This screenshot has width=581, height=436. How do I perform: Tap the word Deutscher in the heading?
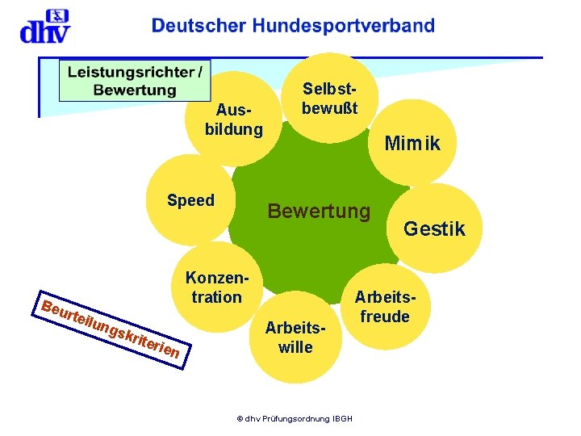[x=199, y=26]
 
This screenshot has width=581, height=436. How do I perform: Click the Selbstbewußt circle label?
[x=329, y=97]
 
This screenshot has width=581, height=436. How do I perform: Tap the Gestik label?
[x=434, y=229]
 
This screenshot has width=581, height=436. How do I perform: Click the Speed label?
[x=190, y=200]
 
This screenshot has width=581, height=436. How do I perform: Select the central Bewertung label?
[x=319, y=212]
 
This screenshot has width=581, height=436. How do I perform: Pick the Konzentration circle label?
[x=217, y=287]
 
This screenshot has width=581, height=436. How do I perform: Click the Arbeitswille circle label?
[x=295, y=337]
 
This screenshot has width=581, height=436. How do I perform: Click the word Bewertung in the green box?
[x=135, y=89]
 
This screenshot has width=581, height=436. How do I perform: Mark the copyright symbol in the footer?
[x=239, y=418]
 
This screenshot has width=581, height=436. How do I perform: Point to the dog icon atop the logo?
[x=56, y=16]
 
